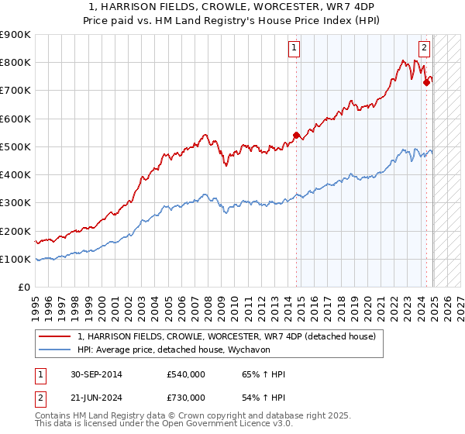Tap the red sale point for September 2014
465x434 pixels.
pyautogui.click(x=296, y=136)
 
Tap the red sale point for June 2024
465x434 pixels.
pyautogui.click(x=426, y=82)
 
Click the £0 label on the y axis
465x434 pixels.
pyautogui.click(x=24, y=288)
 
